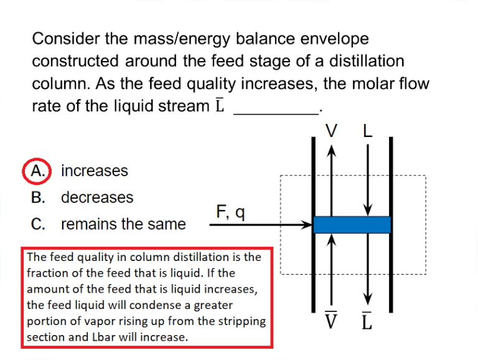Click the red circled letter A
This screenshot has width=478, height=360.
pyautogui.click(x=38, y=171)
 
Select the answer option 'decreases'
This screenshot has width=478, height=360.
pyautogui.click(x=96, y=197)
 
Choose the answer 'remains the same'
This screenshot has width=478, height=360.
pyautogui.click(x=123, y=224)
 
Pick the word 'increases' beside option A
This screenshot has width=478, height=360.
pyautogui.click(x=94, y=171)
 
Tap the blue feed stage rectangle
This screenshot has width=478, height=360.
pyautogui.click(x=352, y=224)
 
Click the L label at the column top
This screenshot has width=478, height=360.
pyautogui.click(x=368, y=131)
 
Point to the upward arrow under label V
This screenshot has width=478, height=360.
pyautogui.click(x=332, y=181)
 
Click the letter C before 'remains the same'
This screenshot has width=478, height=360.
pyautogui.click(x=38, y=224)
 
